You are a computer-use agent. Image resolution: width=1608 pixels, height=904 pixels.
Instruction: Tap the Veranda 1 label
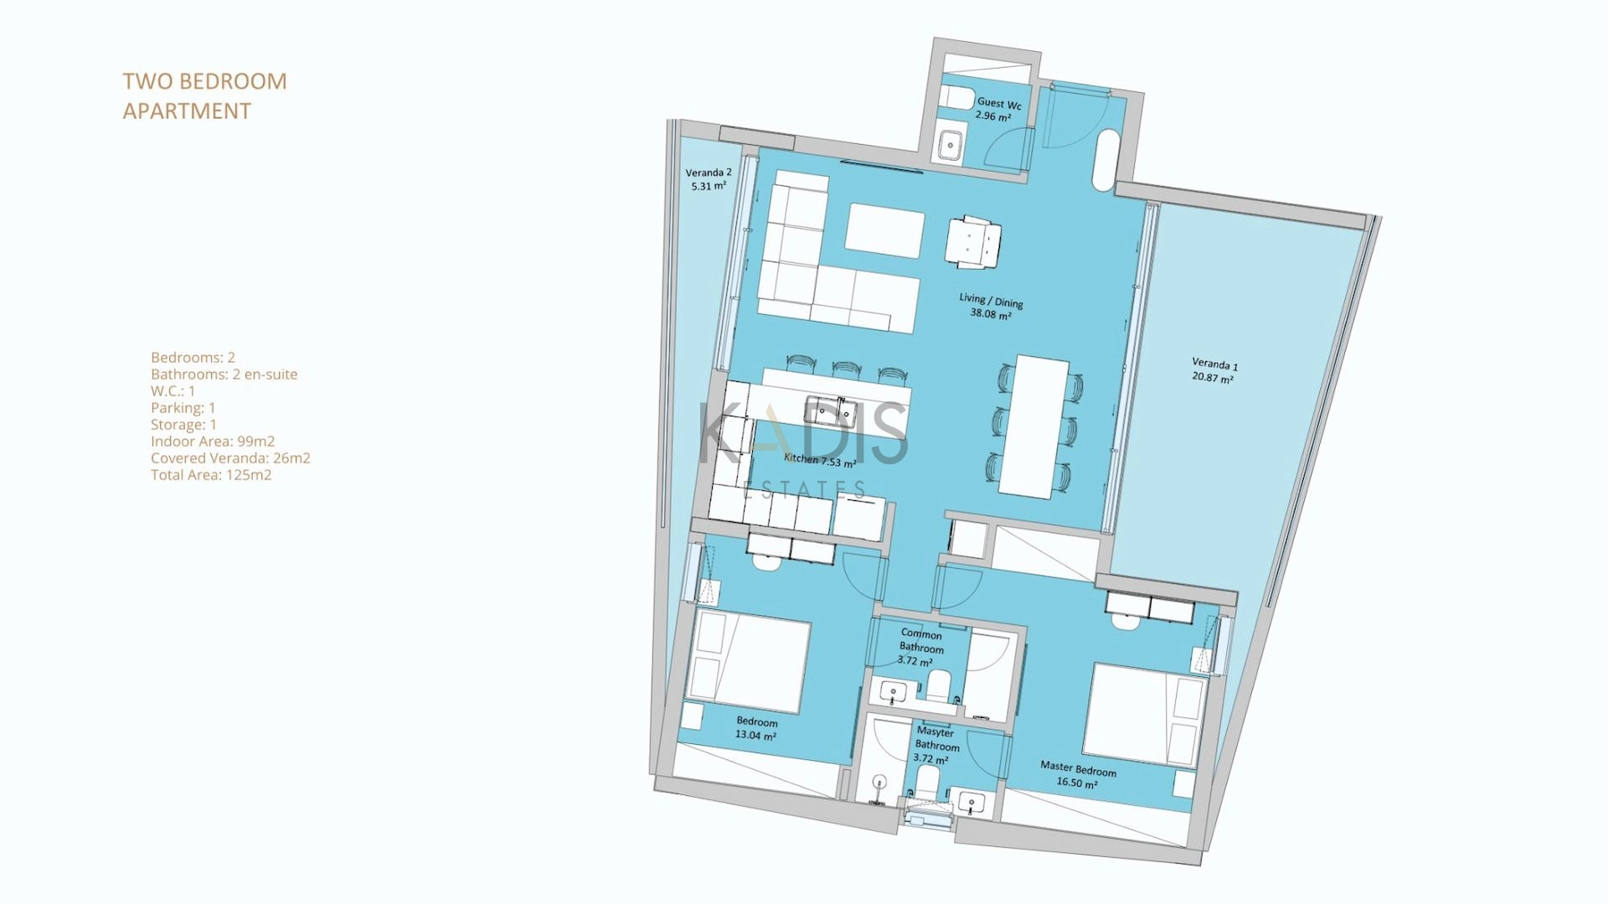[1214, 370]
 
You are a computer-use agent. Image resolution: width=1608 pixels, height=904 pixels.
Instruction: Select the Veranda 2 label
[709, 179]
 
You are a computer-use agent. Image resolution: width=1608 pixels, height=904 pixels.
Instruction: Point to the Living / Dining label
[991, 306]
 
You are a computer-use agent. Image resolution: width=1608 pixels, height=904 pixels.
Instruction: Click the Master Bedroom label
[1078, 774]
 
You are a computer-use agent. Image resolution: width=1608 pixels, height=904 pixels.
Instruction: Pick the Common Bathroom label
[920, 647]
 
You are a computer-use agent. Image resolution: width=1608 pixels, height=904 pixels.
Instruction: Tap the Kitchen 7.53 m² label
[820, 460]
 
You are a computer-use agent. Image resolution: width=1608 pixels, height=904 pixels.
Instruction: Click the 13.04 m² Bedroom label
[756, 728]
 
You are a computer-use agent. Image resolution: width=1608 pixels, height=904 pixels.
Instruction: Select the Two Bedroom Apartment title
[205, 96]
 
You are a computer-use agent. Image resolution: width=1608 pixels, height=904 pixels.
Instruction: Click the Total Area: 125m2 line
[211, 475]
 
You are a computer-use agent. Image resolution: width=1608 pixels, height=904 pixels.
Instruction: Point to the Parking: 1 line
[183, 408]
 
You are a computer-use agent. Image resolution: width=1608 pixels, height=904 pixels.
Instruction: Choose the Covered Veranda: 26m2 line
[230, 458]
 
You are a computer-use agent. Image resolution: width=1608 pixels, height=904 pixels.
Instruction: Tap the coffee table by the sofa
[884, 230]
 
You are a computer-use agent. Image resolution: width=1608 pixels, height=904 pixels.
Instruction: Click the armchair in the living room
[973, 243]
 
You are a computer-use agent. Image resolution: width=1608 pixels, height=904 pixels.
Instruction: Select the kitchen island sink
[829, 411]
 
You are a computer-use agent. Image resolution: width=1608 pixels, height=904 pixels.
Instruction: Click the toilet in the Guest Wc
[956, 98]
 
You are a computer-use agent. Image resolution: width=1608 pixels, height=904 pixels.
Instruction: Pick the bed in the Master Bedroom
[1144, 715]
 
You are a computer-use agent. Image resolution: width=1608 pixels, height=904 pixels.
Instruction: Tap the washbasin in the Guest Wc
[950, 145]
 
